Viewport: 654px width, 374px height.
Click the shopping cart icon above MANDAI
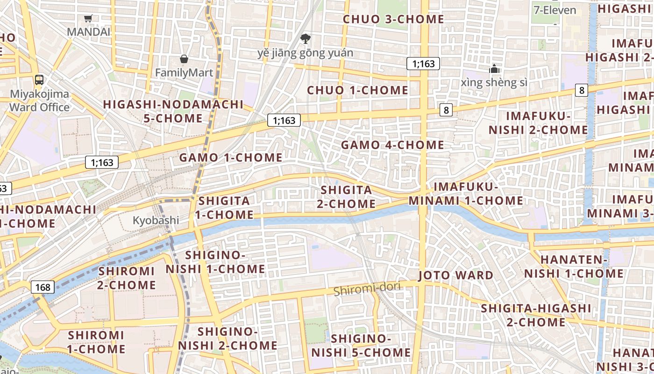click(88, 19)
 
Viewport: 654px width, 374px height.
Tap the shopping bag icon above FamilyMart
click(184, 59)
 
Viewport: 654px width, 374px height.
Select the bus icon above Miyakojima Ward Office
click(39, 79)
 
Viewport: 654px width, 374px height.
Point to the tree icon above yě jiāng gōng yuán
click(306, 38)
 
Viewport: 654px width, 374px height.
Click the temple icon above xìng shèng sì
click(494, 69)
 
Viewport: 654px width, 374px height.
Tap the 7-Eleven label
click(555, 10)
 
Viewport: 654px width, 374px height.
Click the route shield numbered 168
click(43, 287)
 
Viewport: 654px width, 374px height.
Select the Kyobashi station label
click(156, 220)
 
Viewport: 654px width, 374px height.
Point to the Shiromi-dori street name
click(367, 289)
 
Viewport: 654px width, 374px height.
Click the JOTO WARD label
click(455, 275)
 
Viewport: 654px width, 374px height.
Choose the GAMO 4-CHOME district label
click(392, 145)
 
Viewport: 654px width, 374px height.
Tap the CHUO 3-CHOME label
click(393, 19)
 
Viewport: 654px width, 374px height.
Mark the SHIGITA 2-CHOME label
click(346, 197)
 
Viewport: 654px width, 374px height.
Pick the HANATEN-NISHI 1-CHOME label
click(574, 266)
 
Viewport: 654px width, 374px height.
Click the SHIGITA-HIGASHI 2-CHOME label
click(536, 315)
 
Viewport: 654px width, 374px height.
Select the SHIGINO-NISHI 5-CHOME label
click(361, 345)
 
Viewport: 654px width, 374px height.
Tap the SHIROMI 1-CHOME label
click(96, 342)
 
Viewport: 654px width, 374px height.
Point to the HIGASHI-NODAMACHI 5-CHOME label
click(173, 111)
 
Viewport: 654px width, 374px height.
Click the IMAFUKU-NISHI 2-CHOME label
click(538, 122)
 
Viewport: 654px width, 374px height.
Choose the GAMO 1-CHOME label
click(231, 158)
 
